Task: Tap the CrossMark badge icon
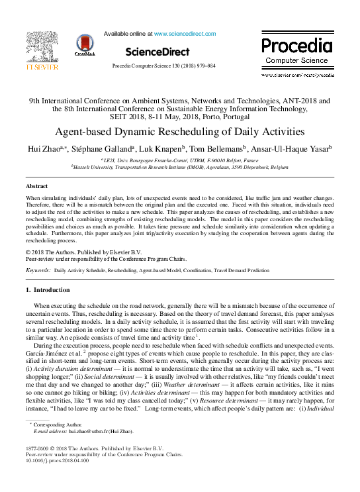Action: tap(85, 45)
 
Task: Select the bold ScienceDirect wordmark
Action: tap(157, 51)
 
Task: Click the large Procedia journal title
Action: tap(296, 46)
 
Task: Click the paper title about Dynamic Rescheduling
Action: tap(179, 131)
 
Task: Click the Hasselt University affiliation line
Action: tap(179, 168)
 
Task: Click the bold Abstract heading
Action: tap(36, 187)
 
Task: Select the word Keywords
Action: tap(38, 271)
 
